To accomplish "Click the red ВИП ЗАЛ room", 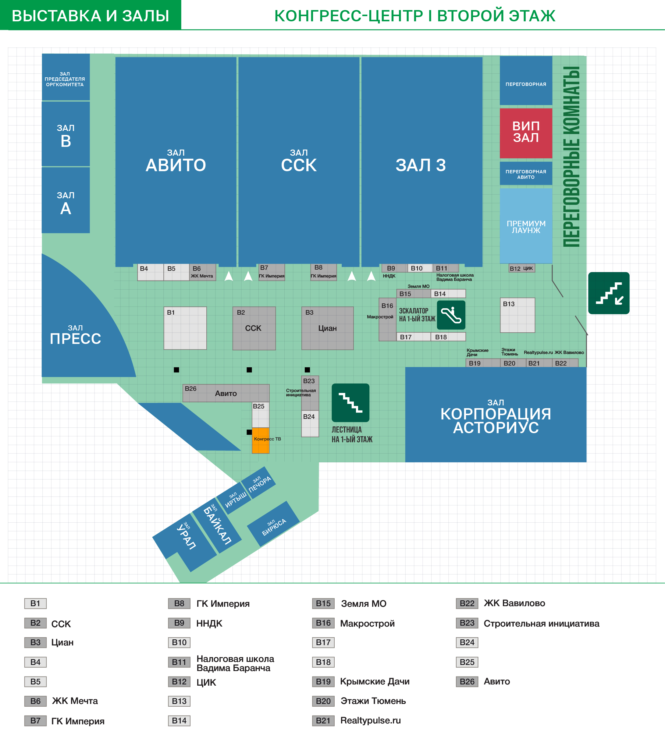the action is click(526, 133).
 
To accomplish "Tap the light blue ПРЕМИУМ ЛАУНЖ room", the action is click(526, 226).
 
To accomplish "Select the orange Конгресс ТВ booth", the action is click(261, 440).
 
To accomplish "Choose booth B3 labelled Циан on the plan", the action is click(327, 328).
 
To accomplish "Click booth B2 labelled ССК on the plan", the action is click(254, 328).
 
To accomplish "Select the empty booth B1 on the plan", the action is click(185, 328).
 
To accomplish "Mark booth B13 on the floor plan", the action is click(517, 315).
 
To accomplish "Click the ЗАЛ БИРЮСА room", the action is click(274, 524).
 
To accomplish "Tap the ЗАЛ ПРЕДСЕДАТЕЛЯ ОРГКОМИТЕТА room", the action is click(66, 77).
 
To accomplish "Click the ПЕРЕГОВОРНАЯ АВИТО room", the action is click(526, 174).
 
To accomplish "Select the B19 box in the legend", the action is click(323, 681).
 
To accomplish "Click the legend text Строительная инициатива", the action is click(541, 624).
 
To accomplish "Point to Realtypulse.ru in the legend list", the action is click(371, 720).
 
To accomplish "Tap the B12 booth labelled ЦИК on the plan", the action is click(522, 268).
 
